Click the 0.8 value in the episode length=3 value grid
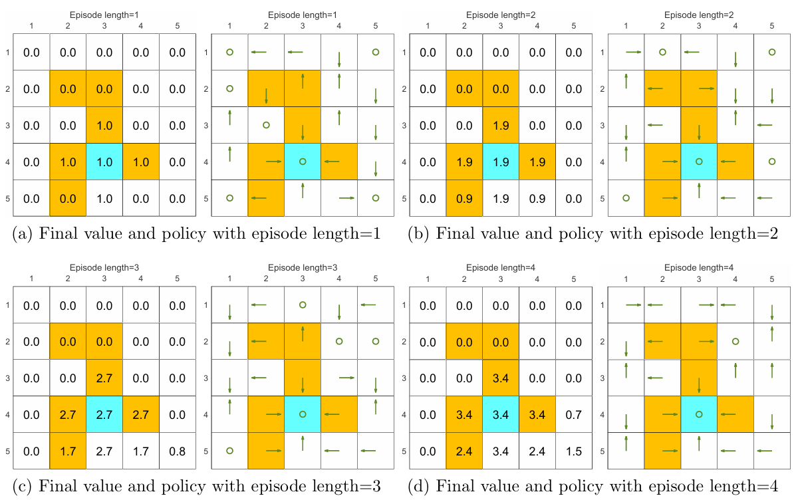pyautogui.click(x=177, y=451)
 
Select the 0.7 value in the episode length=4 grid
pyautogui.click(x=573, y=414)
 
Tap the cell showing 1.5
pyautogui.click(x=573, y=451)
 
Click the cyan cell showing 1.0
pyautogui.click(x=104, y=162)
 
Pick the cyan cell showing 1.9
pyautogui.click(x=500, y=162)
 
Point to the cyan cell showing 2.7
pyautogui.click(x=104, y=414)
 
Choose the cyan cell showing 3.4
pyautogui.click(x=500, y=414)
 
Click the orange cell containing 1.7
pyautogui.click(x=67, y=451)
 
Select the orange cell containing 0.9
pyautogui.click(x=464, y=198)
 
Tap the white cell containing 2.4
pyautogui.click(x=537, y=451)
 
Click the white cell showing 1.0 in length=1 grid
pyautogui.click(x=104, y=198)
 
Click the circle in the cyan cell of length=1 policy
pyautogui.click(x=303, y=162)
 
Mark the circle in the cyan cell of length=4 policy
pyautogui.click(x=699, y=414)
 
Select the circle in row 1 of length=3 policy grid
pyautogui.click(x=303, y=305)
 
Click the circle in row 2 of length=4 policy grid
pyautogui.click(x=735, y=341)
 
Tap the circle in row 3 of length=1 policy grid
pyautogui.click(x=266, y=125)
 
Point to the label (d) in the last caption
pyautogui.click(x=420, y=486)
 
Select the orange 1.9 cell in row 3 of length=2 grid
pyautogui.click(x=500, y=125)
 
